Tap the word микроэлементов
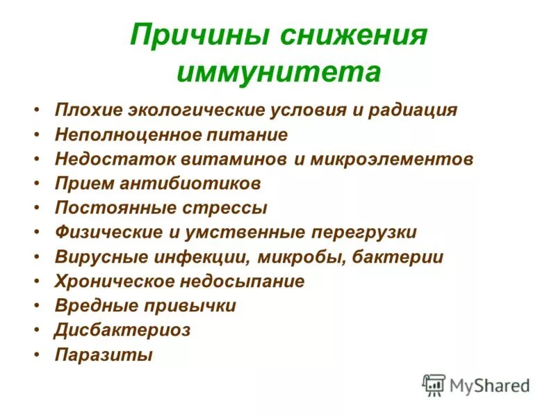[392, 159]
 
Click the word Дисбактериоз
[122, 330]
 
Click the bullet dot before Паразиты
[36, 355]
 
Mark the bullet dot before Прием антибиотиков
[36, 184]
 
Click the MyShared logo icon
[434, 384]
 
